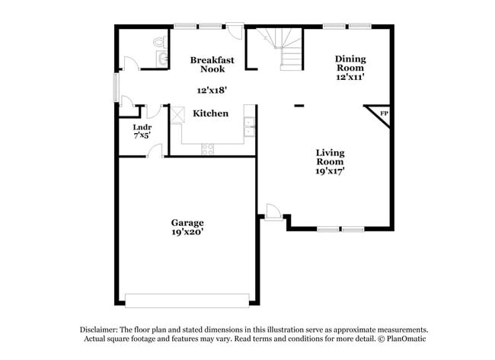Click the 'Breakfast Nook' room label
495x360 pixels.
point(212,64)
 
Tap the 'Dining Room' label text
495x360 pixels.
point(351,63)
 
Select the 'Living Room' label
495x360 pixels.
point(331,157)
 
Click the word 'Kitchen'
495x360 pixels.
point(210,113)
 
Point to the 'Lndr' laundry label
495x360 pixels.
point(141,127)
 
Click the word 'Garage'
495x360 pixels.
point(187,223)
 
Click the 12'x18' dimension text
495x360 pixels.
point(212,90)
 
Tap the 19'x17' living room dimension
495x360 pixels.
point(331,171)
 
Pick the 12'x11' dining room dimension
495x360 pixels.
point(351,77)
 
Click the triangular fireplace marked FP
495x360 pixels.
point(383,114)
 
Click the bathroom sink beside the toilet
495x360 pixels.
point(161,57)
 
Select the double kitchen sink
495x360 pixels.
point(249,127)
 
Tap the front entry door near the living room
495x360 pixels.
point(272,210)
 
